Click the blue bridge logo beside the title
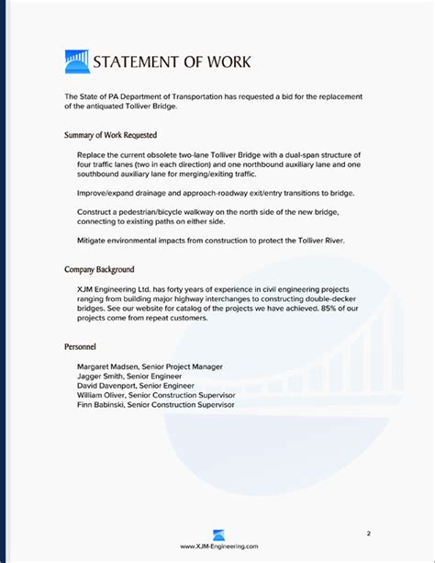[77, 62]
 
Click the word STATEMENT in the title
[140, 62]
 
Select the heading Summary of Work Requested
[110, 135]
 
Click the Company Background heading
[99, 270]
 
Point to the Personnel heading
[82, 347]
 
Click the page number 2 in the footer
[368, 533]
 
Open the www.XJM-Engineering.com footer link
[217, 546]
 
